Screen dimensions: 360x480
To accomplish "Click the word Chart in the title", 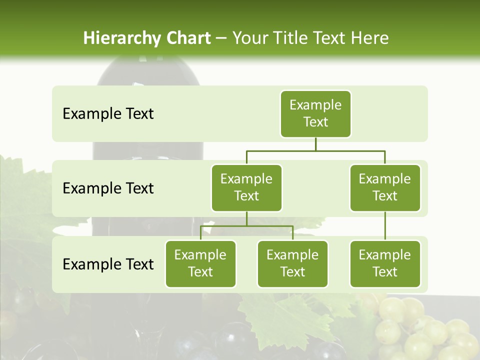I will tap(188, 38).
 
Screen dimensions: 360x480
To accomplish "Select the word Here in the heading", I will tap(369, 38).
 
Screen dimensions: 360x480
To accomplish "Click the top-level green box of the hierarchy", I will tap(315, 113).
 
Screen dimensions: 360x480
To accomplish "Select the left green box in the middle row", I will tap(246, 187).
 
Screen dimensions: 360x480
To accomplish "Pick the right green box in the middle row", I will tap(385, 187).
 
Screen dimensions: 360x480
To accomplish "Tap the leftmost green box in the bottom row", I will tap(200, 263).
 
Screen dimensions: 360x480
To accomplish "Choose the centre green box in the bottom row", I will tap(292, 263).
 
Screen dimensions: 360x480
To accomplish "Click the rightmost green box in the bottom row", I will tap(385, 263).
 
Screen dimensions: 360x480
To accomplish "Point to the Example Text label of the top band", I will tap(108, 114).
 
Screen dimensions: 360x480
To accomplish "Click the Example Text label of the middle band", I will tap(108, 188).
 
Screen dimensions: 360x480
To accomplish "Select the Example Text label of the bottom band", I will tap(108, 264).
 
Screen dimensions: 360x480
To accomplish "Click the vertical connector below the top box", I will tap(315, 144).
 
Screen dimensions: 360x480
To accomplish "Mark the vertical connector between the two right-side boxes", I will tap(385, 226).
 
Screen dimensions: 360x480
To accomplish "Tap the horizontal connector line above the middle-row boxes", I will tap(315, 150).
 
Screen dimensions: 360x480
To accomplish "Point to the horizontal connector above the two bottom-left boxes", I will tap(246, 226).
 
